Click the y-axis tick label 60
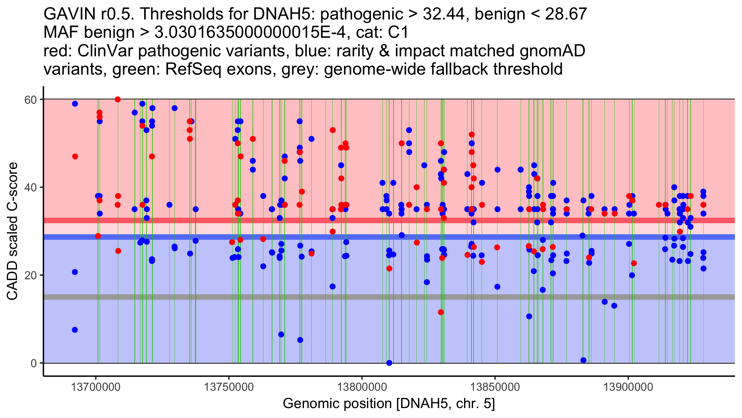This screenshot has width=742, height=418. point(31,100)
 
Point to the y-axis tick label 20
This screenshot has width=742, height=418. point(31,275)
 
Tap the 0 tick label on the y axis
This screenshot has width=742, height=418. point(34,363)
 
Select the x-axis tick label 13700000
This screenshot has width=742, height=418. point(96,387)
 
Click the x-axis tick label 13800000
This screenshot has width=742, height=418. point(362,387)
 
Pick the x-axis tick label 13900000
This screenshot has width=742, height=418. point(628,387)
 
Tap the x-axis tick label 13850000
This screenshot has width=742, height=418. point(495,387)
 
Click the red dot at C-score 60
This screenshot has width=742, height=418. point(117,99)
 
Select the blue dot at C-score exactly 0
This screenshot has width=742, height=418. point(389,363)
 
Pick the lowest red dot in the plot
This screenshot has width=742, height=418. point(441,312)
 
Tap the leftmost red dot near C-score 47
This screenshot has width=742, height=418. point(75,157)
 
